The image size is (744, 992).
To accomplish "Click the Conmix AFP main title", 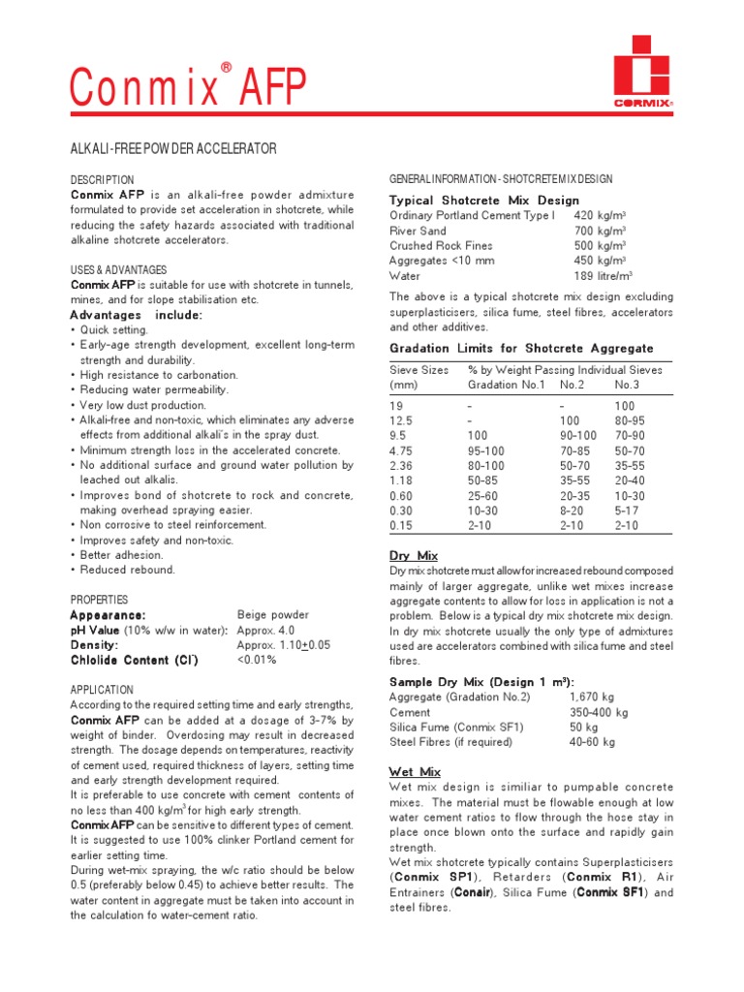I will [x=189, y=88].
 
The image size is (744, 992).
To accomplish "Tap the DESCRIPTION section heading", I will [x=102, y=180].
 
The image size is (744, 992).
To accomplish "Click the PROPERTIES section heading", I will [x=101, y=600].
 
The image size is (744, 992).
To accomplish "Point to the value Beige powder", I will [x=273, y=615].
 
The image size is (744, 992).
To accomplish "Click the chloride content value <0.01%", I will [x=257, y=660].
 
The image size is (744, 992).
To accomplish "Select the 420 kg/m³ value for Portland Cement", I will [x=600, y=215].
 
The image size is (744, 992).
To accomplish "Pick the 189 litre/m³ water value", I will [x=603, y=276].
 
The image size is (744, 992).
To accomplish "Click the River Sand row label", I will [x=418, y=231].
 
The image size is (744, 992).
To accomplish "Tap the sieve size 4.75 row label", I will [x=401, y=451].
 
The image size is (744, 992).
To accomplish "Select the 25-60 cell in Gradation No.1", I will [x=484, y=496].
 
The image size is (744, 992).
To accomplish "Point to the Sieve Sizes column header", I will [x=418, y=370].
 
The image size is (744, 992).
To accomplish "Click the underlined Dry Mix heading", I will [x=413, y=556].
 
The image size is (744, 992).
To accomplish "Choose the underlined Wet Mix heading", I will [x=415, y=772].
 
